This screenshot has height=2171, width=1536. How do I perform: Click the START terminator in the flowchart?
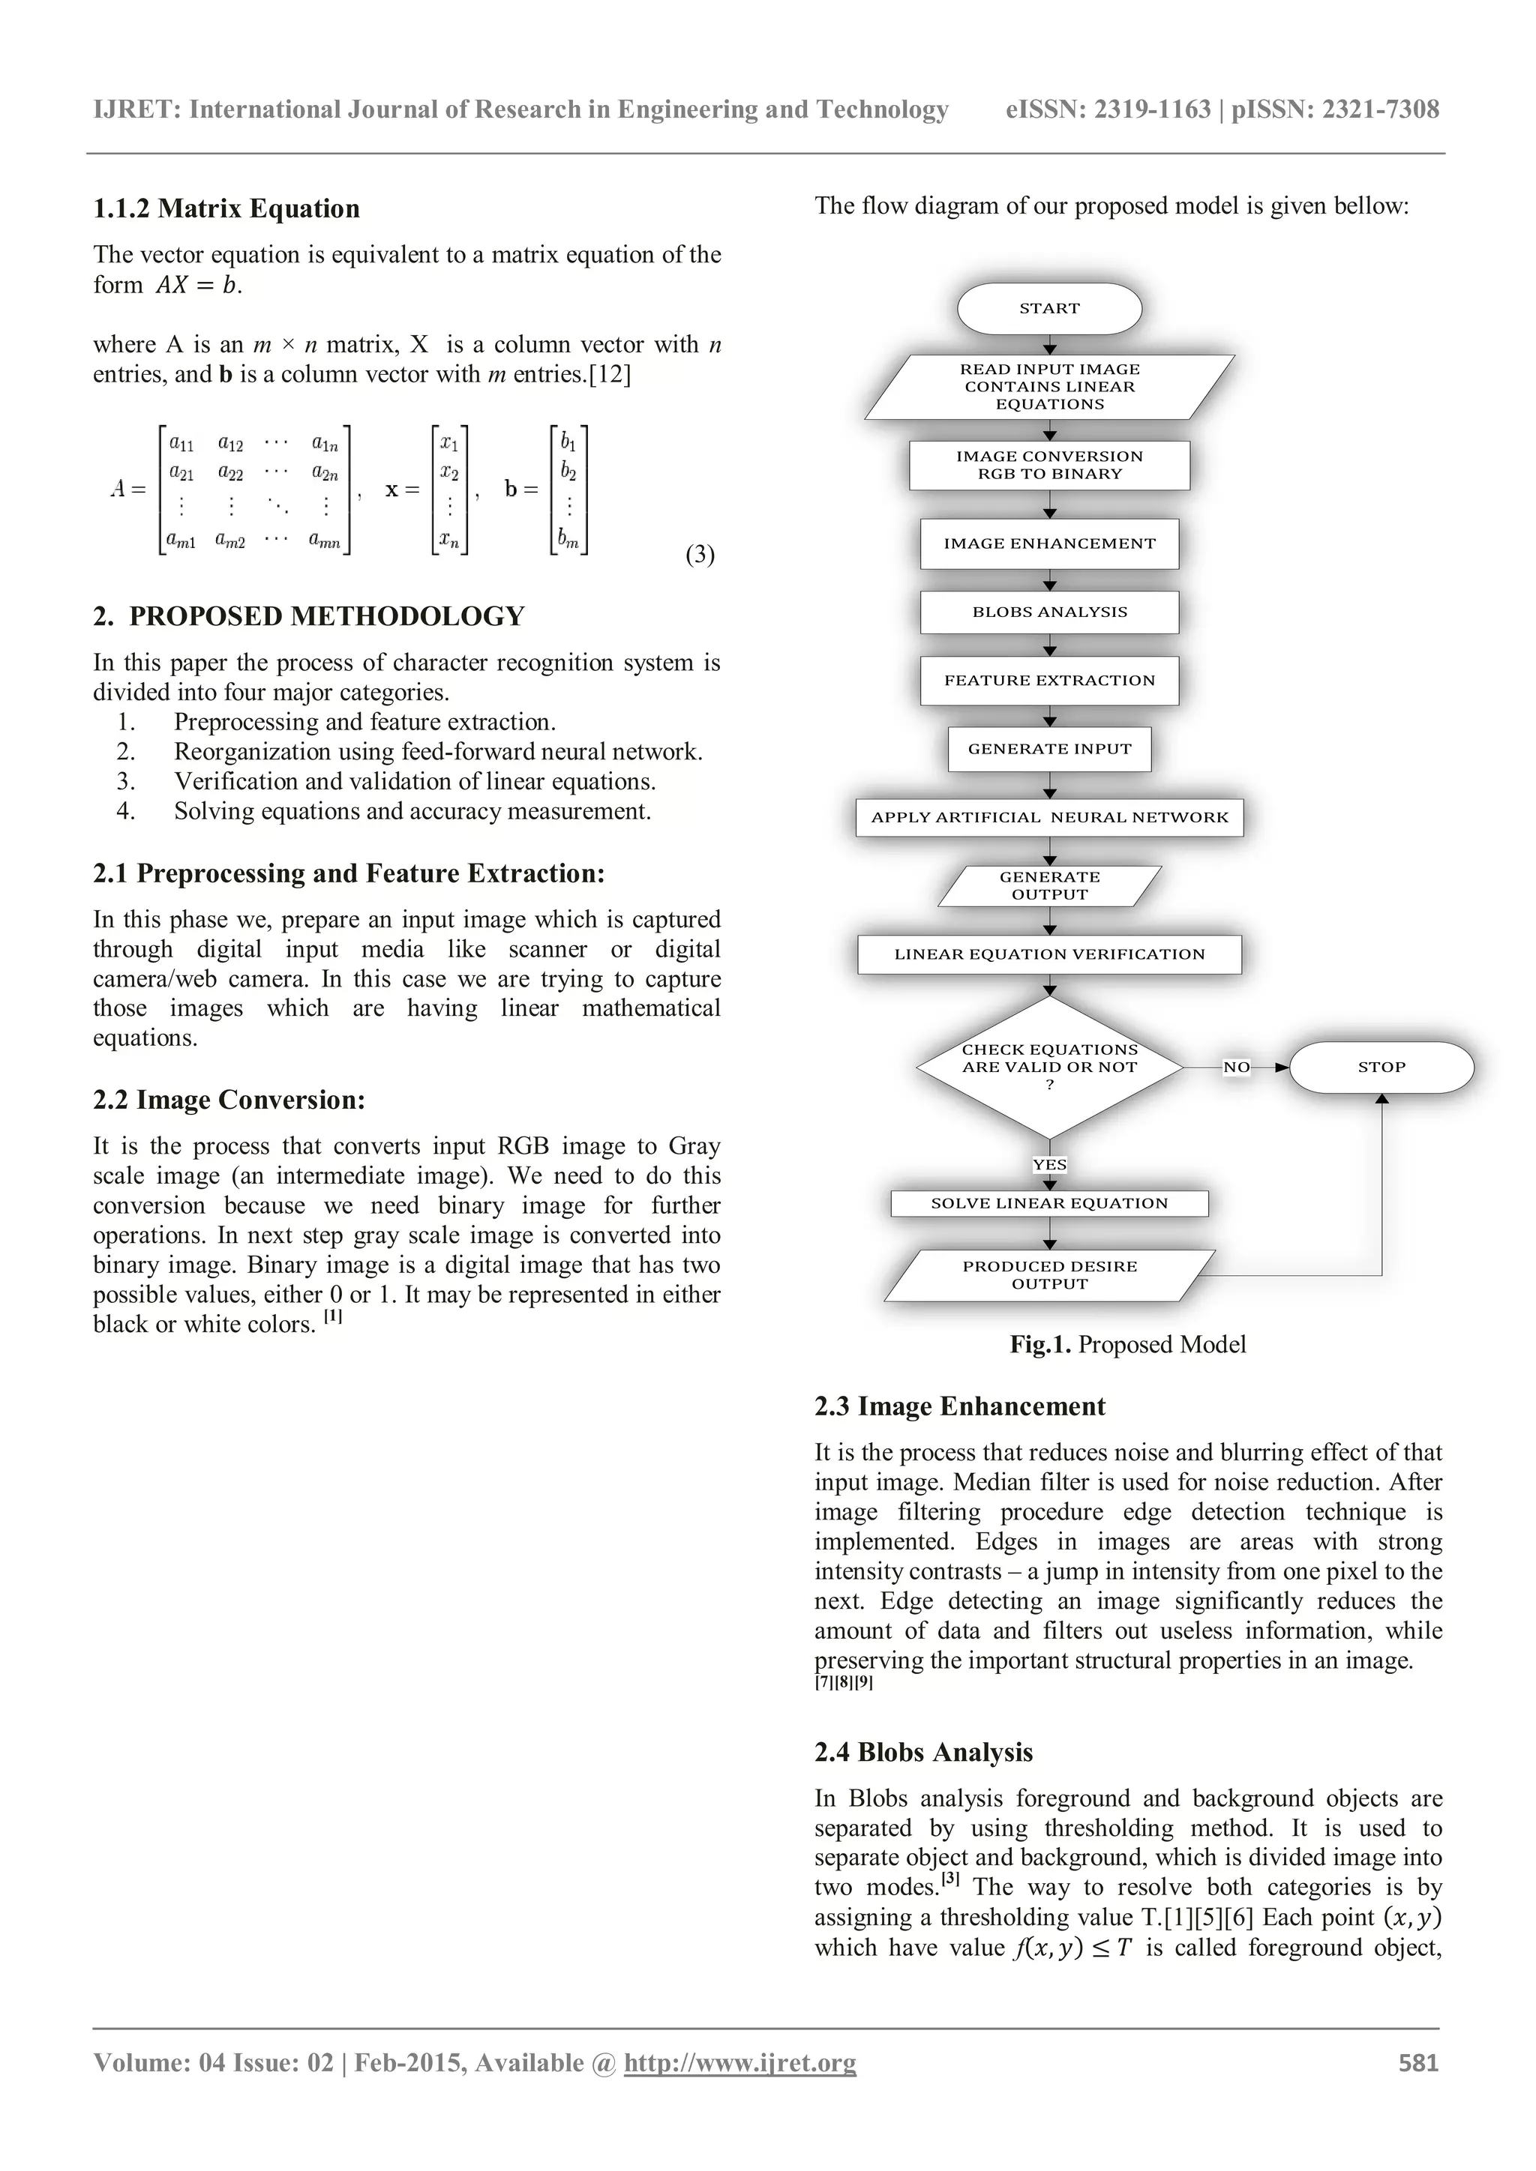pos(1049,308)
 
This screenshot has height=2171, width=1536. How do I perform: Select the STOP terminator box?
pos(1381,1068)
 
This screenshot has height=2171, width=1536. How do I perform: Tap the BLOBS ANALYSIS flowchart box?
pos(1049,612)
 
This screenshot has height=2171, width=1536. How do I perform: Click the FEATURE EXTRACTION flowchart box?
pos(1049,680)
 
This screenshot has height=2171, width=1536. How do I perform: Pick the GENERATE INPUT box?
pos(1049,749)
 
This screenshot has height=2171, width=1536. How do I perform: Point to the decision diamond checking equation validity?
pos(1049,1067)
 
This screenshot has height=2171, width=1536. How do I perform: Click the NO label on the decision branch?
pos(1236,1068)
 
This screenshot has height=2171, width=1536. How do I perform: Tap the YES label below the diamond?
pos(1049,1165)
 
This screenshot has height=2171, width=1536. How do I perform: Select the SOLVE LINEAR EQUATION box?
pos(1049,1204)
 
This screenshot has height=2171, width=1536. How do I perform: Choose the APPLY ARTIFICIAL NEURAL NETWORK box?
pos(1049,817)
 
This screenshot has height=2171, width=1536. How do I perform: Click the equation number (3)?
pos(700,554)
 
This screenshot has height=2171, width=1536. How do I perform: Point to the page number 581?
pos(1417,2062)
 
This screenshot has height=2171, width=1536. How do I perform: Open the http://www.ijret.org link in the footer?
pos(739,2062)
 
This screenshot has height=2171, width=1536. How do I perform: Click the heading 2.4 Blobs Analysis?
pos(923,1752)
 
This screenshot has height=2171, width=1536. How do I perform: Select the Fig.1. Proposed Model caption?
pos(1127,1345)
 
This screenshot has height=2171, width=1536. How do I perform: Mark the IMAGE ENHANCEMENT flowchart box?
pos(1049,543)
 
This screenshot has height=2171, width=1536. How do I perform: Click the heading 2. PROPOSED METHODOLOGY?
pos(308,616)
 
